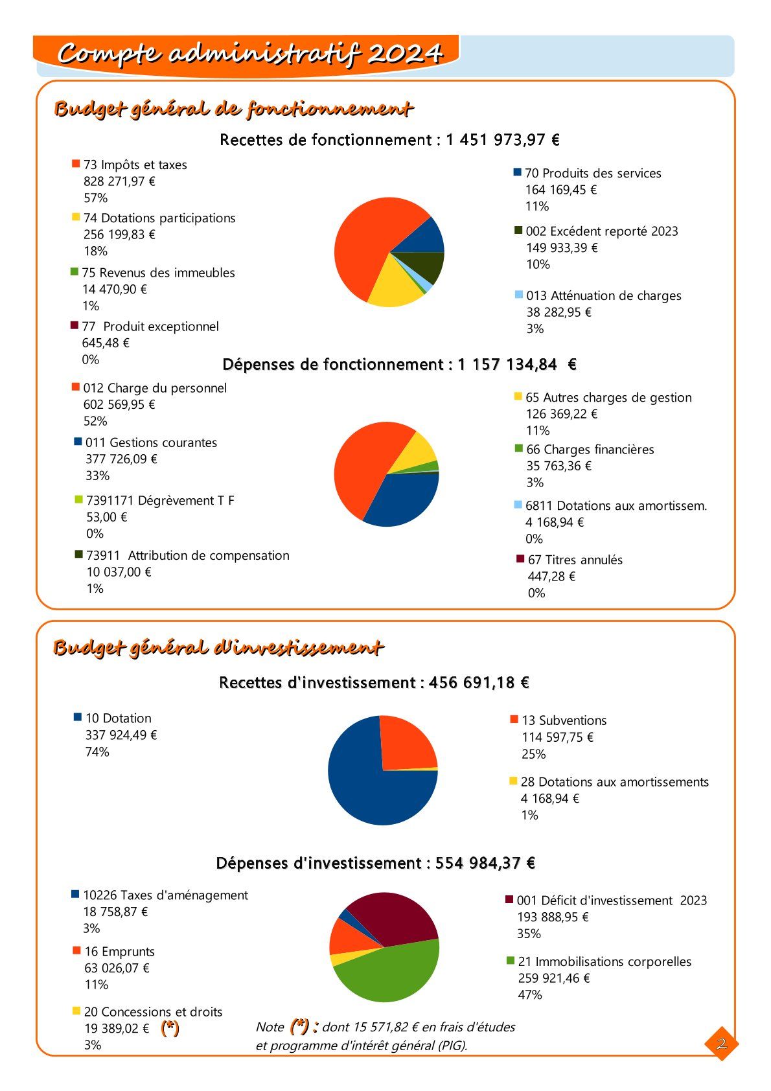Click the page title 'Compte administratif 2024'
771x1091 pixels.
249,54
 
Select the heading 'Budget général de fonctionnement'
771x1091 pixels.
233,109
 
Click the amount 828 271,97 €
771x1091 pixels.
119,181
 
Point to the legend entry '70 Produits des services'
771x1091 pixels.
592,173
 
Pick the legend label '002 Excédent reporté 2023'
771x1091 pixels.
601,231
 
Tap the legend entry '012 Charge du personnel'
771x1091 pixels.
155,388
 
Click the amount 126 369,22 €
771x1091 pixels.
561,414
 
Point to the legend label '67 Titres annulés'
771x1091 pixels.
575,560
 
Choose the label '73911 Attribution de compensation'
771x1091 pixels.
187,555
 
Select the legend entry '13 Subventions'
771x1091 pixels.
564,720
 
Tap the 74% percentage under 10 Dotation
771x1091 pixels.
97,752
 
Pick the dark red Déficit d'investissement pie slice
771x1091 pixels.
395,917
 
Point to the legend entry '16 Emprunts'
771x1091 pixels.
119,952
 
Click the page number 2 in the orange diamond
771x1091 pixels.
721,1043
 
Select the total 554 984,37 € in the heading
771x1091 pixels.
485,863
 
